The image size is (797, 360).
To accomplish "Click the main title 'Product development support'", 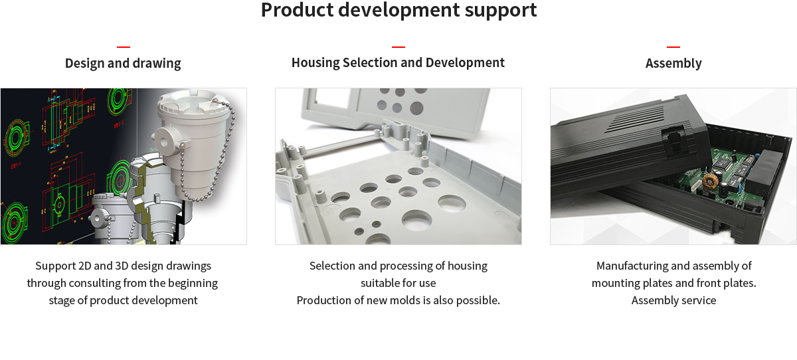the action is click(x=398, y=10).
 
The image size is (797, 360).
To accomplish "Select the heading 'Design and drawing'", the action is click(x=123, y=63).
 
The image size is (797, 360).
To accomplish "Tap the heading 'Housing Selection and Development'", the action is click(x=398, y=62).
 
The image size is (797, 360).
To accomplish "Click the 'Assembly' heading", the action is click(x=673, y=63).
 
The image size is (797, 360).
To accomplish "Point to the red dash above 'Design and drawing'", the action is click(x=124, y=46).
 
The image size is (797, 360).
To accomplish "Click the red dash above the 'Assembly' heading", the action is click(x=673, y=46).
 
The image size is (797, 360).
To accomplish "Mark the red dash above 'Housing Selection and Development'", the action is click(x=398, y=46).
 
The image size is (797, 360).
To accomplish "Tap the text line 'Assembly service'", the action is click(x=673, y=301).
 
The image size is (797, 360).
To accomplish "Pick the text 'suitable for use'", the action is click(x=398, y=283).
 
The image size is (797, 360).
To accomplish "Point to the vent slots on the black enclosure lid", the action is click(x=637, y=118).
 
